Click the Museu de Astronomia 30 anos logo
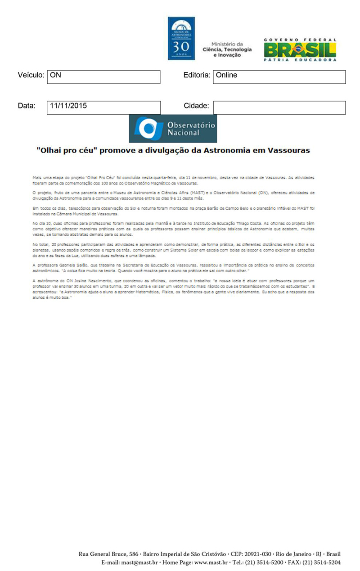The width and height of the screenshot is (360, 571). click(x=181, y=38)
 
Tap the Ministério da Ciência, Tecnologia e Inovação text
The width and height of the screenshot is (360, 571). click(x=227, y=49)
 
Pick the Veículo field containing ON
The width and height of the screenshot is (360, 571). click(x=103, y=77)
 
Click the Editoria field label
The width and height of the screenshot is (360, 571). click(x=197, y=75)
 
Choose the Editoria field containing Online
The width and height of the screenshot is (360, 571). click(x=279, y=77)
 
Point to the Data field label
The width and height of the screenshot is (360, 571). click(x=27, y=106)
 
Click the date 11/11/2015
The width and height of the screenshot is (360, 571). click(x=69, y=106)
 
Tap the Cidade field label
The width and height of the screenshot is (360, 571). click(x=196, y=106)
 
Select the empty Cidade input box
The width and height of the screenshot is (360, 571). click(x=279, y=108)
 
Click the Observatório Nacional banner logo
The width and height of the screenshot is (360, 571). click(x=173, y=128)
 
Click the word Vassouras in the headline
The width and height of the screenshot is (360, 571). click(x=288, y=150)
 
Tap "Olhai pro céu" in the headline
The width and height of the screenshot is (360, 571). click(x=67, y=150)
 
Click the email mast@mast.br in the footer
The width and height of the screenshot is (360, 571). click(x=135, y=562)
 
